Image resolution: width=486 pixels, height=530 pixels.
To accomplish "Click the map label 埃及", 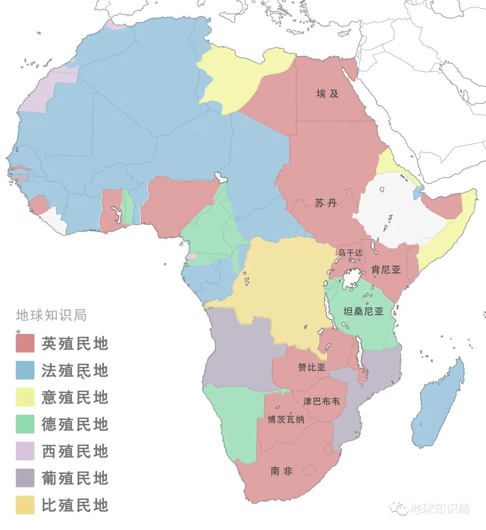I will click(x=327, y=94).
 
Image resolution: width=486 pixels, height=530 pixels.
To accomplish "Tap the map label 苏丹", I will click(x=326, y=203).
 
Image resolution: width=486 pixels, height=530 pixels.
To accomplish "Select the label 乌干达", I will click(x=350, y=253).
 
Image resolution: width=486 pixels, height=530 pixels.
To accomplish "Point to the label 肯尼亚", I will click(x=385, y=270).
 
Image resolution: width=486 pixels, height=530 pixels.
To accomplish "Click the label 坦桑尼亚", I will click(x=364, y=311).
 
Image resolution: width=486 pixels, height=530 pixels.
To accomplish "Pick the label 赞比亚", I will click(x=311, y=367).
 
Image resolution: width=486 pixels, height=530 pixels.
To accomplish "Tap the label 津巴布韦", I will click(x=321, y=401).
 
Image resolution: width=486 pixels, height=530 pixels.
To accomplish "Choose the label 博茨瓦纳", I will click(x=286, y=420).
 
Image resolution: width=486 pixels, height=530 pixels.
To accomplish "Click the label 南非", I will click(x=282, y=471).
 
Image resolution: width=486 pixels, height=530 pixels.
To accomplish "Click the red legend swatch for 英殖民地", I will click(x=25, y=343).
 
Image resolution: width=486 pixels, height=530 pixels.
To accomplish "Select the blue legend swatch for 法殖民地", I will click(x=25, y=370).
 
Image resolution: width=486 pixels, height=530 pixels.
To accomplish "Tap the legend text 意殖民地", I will click(x=75, y=397).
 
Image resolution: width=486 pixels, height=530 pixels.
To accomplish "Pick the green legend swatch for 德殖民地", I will click(x=25, y=424).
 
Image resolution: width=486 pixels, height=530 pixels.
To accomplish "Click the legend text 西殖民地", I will click(x=75, y=451).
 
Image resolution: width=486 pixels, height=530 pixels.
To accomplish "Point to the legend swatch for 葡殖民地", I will click(x=25, y=478).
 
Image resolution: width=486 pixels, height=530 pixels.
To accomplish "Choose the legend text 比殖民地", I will click(x=75, y=505).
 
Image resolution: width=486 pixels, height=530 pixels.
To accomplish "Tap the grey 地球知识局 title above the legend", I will click(x=51, y=315).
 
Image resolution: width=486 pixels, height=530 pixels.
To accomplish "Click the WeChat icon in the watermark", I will click(x=400, y=508).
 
